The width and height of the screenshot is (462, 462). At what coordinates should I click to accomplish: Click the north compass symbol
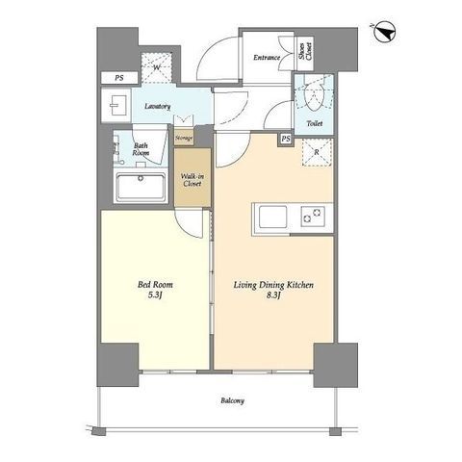pos(385,33)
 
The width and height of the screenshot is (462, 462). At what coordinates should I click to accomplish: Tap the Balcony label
pos(232,400)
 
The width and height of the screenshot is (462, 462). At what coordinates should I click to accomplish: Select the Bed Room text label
pos(155,285)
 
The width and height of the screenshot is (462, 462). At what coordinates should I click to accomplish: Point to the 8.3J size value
pos(273,295)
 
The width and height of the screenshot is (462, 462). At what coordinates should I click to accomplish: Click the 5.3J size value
pos(154,295)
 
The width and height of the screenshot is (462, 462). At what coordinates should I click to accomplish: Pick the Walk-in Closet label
pos(192,180)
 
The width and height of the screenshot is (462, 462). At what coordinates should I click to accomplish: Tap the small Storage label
pos(184,138)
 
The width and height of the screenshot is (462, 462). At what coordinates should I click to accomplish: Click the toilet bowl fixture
pos(314,95)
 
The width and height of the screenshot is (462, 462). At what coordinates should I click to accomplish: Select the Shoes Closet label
pos(305,51)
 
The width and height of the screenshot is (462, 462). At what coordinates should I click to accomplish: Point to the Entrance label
pos(267,58)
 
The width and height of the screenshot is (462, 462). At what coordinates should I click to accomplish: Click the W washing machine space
pos(157,67)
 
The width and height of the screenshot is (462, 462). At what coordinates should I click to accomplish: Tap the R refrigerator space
pos(317,152)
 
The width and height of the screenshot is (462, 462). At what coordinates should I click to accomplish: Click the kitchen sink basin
pos(273,217)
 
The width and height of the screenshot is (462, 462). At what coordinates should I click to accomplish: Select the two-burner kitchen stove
pos(313,216)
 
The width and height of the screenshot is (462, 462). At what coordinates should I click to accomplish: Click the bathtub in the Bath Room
pos(141,187)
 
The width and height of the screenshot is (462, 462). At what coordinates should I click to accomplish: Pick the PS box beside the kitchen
pos(286,139)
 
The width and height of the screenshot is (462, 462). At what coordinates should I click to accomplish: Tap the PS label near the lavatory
pos(119,78)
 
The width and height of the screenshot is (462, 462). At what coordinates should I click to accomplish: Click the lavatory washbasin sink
pos(115,105)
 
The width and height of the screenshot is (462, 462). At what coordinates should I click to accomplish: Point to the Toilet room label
pos(315,123)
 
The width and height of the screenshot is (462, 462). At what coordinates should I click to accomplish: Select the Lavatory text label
pos(157,106)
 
